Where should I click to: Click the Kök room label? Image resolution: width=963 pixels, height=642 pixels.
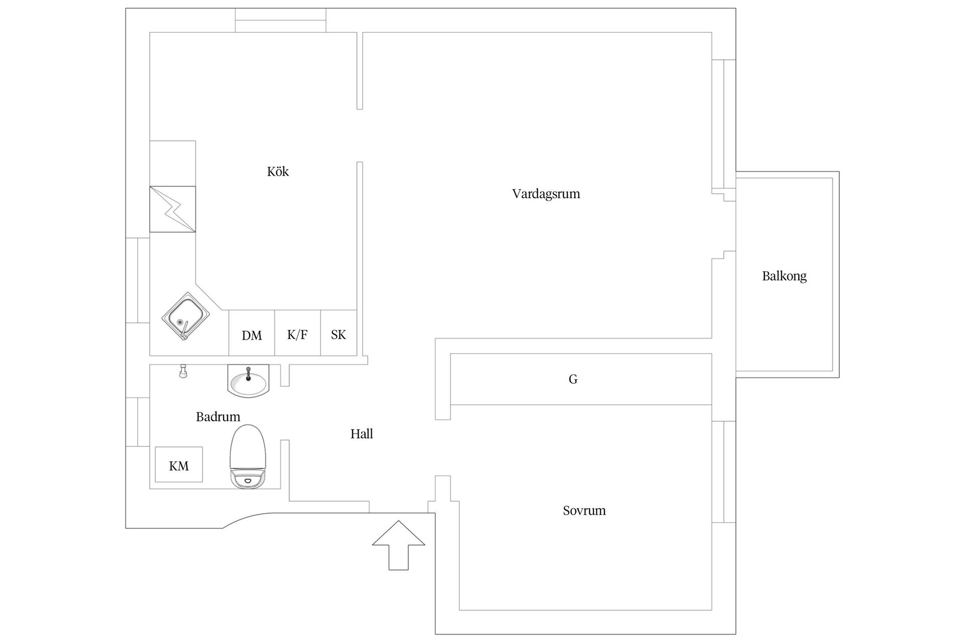(278, 172)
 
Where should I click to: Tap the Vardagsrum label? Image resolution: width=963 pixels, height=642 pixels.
(546, 194)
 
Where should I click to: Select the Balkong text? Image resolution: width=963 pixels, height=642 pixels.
(784, 276)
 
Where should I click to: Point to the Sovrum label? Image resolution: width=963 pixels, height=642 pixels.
(584, 511)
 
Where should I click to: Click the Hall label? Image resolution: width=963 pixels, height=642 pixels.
(362, 434)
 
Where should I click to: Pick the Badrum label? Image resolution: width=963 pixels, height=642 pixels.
(218, 417)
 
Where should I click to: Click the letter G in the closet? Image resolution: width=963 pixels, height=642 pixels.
(573, 379)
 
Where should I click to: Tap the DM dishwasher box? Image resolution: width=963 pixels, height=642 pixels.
(252, 333)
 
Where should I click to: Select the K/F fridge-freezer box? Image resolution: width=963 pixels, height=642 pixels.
(297, 333)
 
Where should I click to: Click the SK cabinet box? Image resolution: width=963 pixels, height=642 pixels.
(339, 333)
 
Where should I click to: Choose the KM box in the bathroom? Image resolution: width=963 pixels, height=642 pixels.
(179, 464)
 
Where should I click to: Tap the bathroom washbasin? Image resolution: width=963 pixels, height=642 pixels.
(248, 381)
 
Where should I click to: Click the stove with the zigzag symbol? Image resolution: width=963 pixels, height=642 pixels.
(173, 209)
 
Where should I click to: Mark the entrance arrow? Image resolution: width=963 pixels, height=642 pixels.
(399, 545)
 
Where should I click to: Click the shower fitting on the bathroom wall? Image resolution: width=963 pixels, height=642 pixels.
(183, 371)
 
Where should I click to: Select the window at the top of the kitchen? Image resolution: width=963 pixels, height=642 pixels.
(281, 20)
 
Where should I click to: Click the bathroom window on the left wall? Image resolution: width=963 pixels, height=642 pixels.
(137, 422)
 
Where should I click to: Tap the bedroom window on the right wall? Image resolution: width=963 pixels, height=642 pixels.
(724, 472)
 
